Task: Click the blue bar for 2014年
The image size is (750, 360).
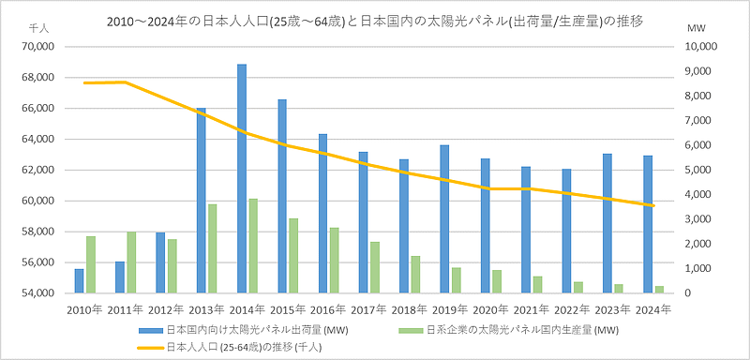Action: click(241, 178)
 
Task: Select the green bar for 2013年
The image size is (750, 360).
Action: click(213, 248)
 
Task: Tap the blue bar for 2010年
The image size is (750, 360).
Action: click(79, 281)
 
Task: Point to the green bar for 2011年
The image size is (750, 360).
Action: click(132, 262)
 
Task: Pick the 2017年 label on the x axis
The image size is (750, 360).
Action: click(369, 308)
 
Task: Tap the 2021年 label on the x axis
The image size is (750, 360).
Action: click(532, 308)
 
